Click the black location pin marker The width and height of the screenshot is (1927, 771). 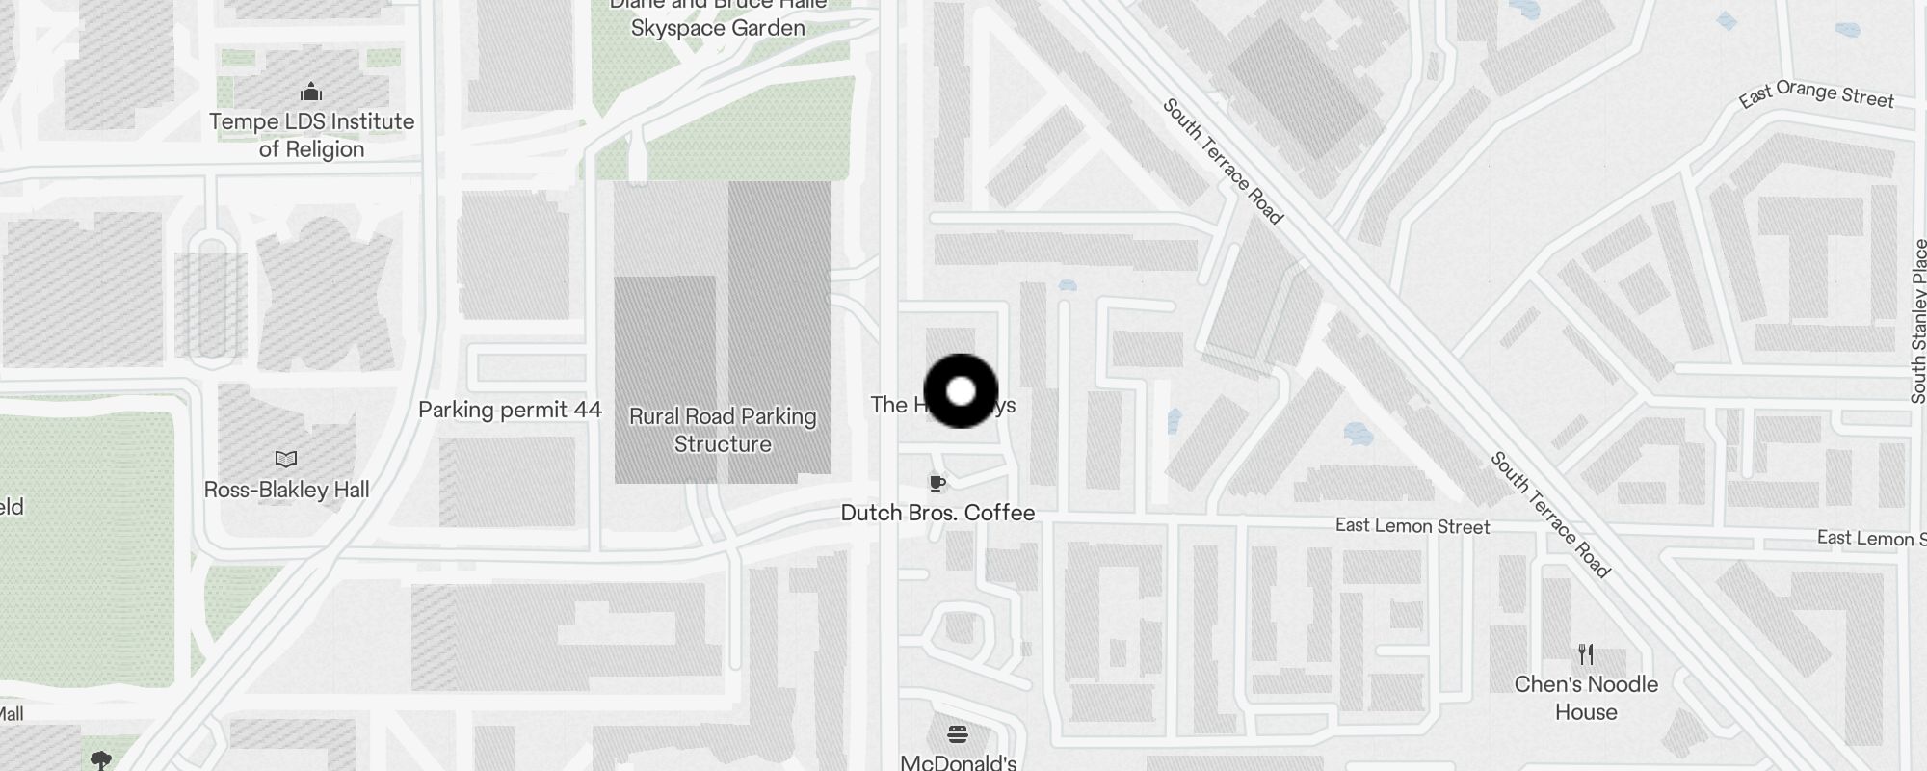pyautogui.click(x=961, y=391)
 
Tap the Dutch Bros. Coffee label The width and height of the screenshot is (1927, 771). pyautogui.click(x=937, y=513)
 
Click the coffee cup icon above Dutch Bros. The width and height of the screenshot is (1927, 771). pyautogui.click(x=937, y=483)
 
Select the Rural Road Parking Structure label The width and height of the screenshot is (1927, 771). pyautogui.click(x=723, y=430)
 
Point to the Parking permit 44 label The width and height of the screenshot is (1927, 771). pyautogui.click(x=510, y=410)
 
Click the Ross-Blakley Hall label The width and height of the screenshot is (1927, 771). pyautogui.click(x=286, y=490)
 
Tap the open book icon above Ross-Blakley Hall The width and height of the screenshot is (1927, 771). pyautogui.click(x=286, y=459)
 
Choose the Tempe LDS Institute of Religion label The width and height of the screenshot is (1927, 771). pyautogui.click(x=311, y=135)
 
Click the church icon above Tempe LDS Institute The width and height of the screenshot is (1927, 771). pyautogui.click(x=310, y=93)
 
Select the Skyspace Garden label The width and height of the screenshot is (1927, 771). pyautogui.click(x=718, y=28)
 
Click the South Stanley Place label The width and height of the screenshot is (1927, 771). pyautogui.click(x=1918, y=321)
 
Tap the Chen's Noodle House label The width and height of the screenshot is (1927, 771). pyautogui.click(x=1586, y=698)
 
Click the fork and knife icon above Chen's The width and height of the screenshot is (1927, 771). pyautogui.click(x=1586, y=655)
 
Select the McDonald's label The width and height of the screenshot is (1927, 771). pyautogui.click(x=958, y=762)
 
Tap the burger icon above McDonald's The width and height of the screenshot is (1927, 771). pyautogui.click(x=957, y=734)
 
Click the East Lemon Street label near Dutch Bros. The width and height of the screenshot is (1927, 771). pyautogui.click(x=1412, y=526)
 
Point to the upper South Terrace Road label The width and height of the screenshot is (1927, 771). pyautogui.click(x=1223, y=161)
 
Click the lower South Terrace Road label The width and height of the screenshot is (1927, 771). pyautogui.click(x=1550, y=515)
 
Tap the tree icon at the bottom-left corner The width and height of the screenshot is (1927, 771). pyautogui.click(x=100, y=760)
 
